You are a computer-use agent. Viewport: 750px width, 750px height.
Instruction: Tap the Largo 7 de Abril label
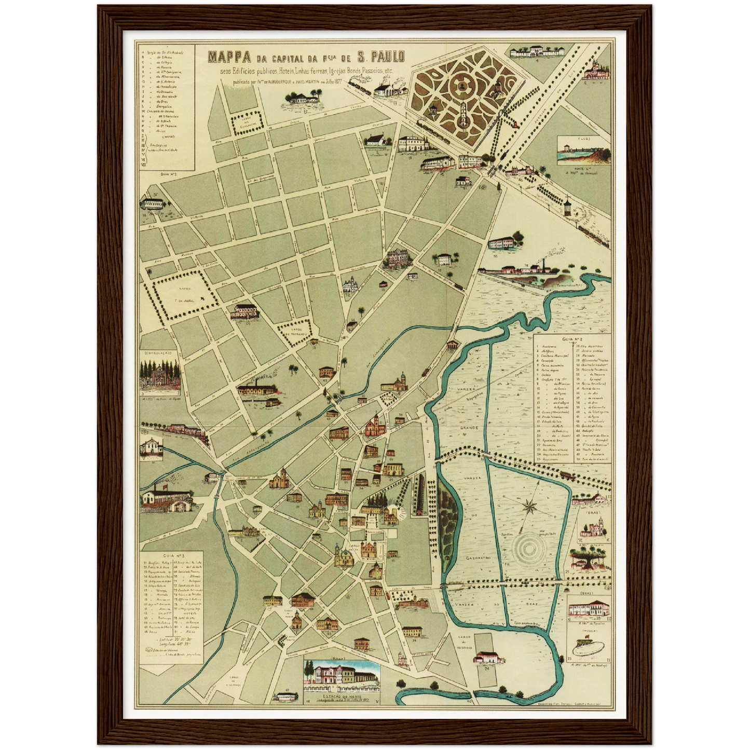click(x=185, y=294)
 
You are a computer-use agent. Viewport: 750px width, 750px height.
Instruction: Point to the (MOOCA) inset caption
click(x=590, y=632)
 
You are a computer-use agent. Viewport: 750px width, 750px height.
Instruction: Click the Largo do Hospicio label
click(x=461, y=642)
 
